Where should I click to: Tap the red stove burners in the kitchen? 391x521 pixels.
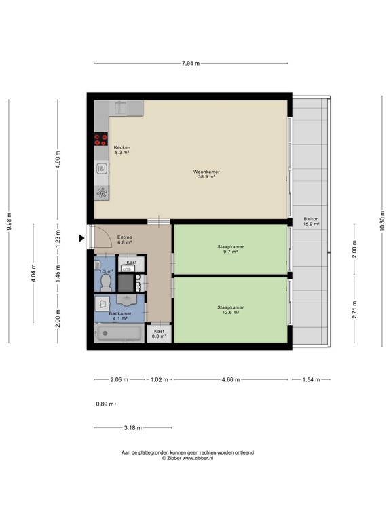[101, 140]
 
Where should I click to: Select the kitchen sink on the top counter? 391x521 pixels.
[121, 107]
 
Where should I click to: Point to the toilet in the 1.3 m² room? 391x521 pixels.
[105, 280]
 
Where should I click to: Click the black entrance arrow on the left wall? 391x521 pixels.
[82, 237]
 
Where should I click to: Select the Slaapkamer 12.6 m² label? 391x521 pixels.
[230, 309]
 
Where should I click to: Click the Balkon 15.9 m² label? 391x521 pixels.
[311, 221]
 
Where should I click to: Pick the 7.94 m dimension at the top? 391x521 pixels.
[191, 64]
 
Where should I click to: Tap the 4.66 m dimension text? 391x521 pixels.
[231, 380]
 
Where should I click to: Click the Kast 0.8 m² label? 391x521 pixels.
[160, 334]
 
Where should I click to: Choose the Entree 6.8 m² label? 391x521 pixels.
[124, 239]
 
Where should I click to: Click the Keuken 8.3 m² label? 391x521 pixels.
[122, 150]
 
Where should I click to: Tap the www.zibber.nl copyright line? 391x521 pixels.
[187, 458]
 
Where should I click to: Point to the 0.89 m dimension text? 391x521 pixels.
[105, 404]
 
